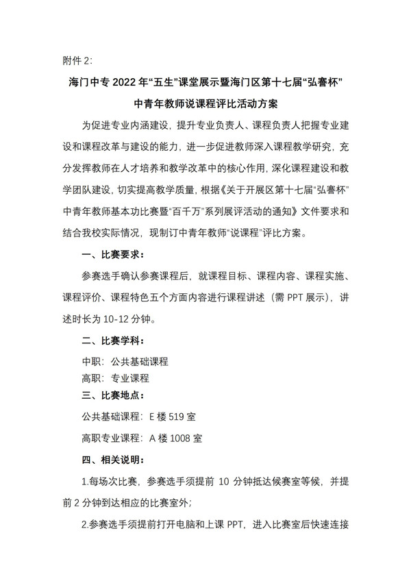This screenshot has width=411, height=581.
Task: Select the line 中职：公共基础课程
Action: tap(125, 362)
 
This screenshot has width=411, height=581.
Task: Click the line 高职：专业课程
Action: tap(115, 378)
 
